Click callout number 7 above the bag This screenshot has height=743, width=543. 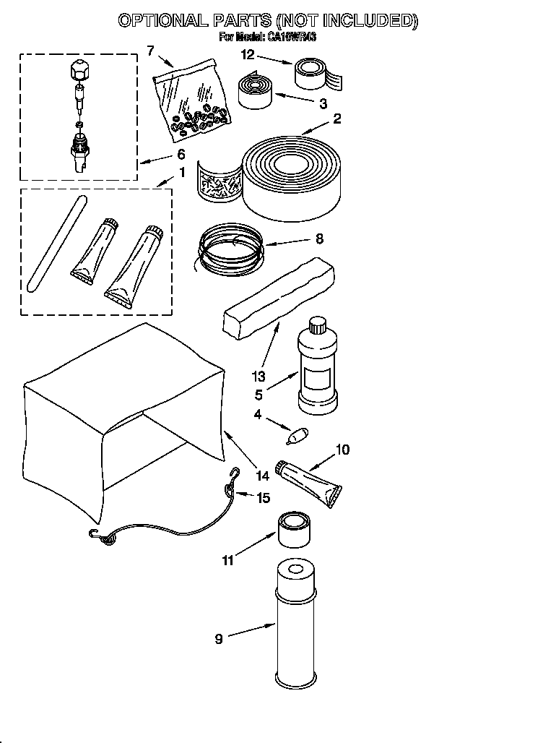150,50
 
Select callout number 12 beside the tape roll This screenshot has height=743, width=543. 248,54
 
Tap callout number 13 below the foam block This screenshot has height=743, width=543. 259,376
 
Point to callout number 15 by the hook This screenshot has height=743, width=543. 264,497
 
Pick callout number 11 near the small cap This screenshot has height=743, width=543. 228,560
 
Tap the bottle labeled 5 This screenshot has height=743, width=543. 316,368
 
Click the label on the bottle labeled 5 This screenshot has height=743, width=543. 316,378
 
